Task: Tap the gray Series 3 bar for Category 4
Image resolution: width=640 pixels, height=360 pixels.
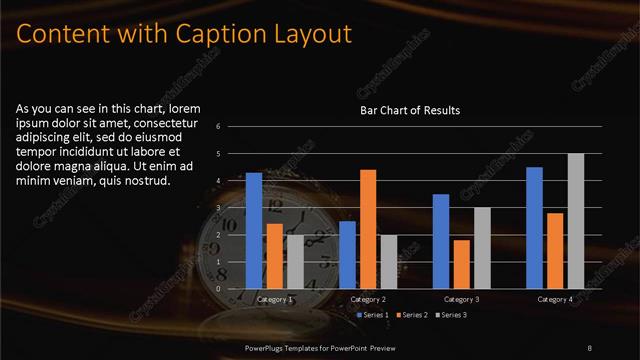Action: [x=575, y=221]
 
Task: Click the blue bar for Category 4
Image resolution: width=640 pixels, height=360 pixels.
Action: [x=534, y=228]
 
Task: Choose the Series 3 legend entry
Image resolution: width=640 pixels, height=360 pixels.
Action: [x=451, y=315]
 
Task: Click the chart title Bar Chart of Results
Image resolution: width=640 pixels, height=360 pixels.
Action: [x=410, y=111]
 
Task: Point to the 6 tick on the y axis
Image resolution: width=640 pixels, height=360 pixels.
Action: [x=232, y=127]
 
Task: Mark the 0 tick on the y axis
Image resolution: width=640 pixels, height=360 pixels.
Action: [x=232, y=289]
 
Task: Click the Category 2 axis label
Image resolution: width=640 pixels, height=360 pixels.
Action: [x=368, y=299]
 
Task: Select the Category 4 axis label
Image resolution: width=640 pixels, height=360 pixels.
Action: [x=555, y=299]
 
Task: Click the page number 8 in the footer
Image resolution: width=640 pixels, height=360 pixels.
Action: [x=590, y=347]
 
